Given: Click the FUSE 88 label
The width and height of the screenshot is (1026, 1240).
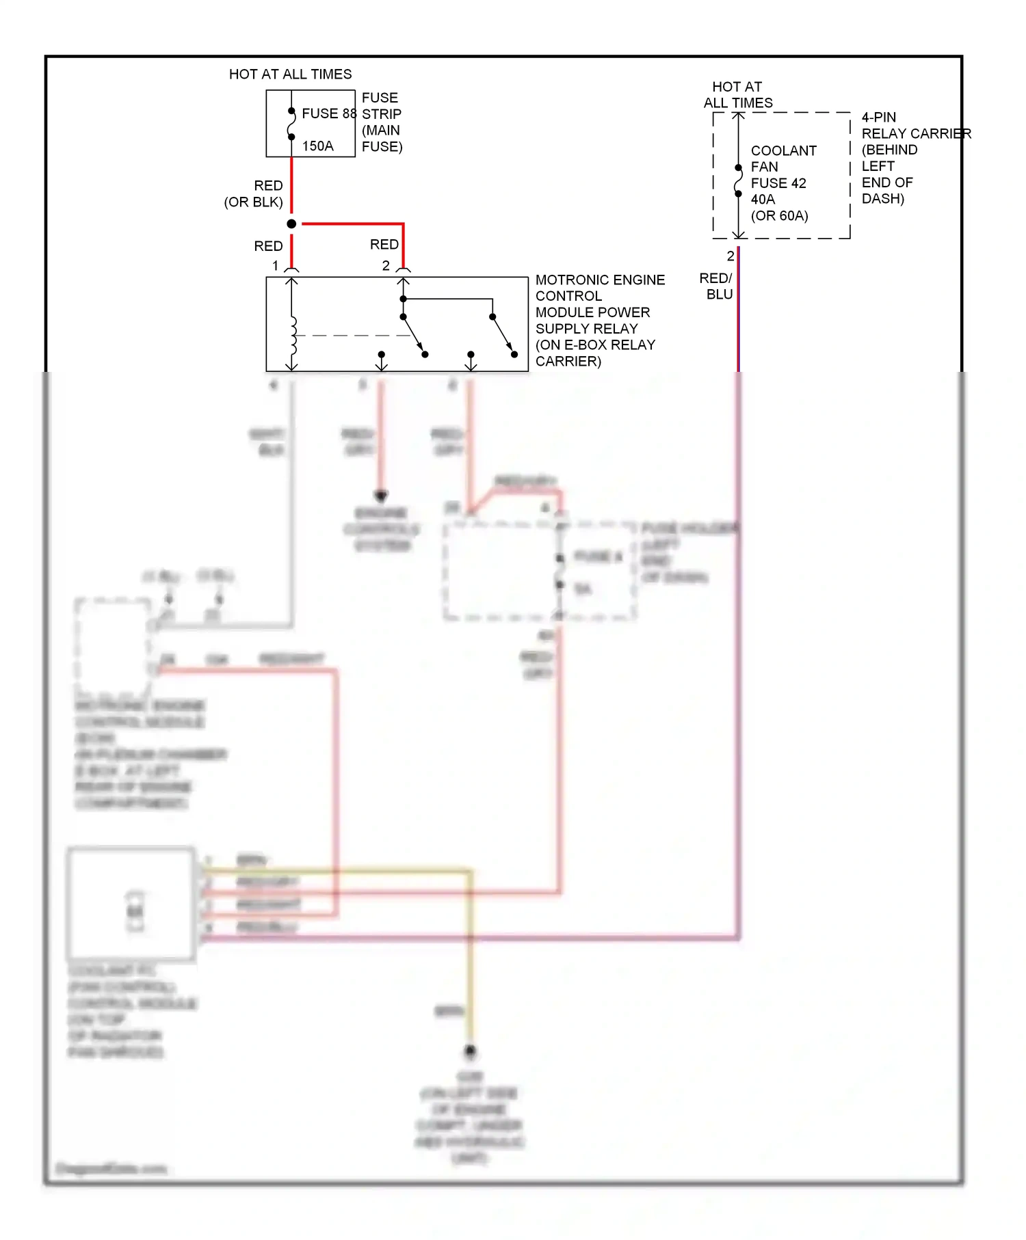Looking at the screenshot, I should pyautogui.click(x=328, y=113).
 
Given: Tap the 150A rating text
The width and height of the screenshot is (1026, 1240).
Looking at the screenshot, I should pyautogui.click(x=318, y=146).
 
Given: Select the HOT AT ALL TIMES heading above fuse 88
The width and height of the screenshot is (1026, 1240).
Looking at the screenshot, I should pyautogui.click(x=290, y=74).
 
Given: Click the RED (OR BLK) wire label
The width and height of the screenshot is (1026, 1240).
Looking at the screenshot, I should pyautogui.click(x=254, y=194).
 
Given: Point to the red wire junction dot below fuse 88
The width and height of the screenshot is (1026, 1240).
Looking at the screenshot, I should pyautogui.click(x=291, y=224).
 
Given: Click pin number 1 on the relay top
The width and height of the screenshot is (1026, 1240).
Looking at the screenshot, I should pyautogui.click(x=276, y=266).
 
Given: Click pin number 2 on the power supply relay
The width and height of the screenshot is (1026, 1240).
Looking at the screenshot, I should pyautogui.click(x=386, y=266).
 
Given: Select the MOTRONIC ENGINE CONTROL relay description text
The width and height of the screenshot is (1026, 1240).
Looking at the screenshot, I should pyautogui.click(x=599, y=320).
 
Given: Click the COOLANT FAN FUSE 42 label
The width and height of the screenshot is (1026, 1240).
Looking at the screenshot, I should pyautogui.click(x=783, y=167).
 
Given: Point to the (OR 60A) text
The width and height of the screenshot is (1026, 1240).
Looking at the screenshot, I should pyautogui.click(x=779, y=216).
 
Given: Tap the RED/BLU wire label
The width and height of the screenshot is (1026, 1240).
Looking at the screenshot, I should pyautogui.click(x=716, y=286).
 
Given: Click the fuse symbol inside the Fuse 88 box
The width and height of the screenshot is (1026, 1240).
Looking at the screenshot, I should pyautogui.click(x=291, y=124).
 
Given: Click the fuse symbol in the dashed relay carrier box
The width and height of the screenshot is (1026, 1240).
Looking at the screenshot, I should pyautogui.click(x=738, y=181).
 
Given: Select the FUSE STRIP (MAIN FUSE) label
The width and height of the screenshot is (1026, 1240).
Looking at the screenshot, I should pyautogui.click(x=382, y=122).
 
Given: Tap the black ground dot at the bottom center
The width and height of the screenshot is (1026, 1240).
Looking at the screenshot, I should pyautogui.click(x=470, y=1051).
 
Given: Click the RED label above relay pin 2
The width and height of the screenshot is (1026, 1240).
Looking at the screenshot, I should pyautogui.click(x=384, y=245).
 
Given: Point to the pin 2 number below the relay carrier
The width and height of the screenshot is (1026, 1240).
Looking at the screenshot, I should pyautogui.click(x=730, y=256).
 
